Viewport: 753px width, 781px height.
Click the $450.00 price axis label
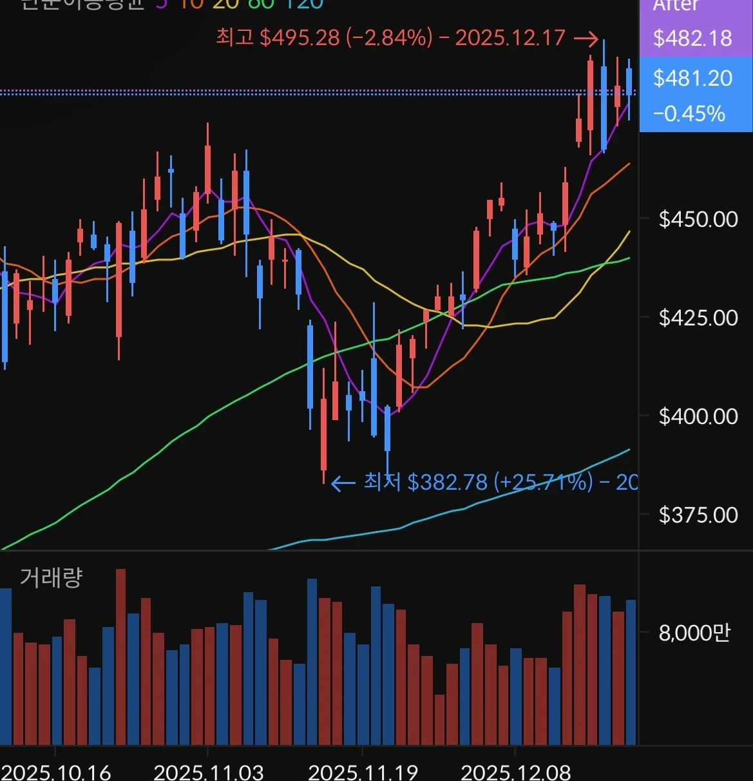coord(698,219)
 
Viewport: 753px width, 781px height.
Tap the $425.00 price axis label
coord(698,318)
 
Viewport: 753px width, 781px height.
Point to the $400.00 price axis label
coord(698,416)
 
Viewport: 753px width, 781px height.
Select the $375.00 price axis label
coord(698,515)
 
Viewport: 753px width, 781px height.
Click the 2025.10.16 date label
coord(56,771)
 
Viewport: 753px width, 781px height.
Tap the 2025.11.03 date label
coord(209,771)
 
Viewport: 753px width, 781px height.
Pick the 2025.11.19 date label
coord(363,771)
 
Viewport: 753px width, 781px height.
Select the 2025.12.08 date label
coord(516,771)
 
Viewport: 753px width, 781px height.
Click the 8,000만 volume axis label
coord(694,633)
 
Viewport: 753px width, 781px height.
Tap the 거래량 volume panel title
coord(51,577)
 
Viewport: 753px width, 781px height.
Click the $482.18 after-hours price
coord(692,38)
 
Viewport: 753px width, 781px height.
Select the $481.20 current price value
coord(692,79)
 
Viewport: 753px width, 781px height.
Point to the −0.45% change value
coord(689,114)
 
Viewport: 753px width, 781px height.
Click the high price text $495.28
coord(300,37)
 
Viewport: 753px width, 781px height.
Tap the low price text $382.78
coord(447,481)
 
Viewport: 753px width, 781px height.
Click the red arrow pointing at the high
coord(586,39)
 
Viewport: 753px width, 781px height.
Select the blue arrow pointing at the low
coord(343,483)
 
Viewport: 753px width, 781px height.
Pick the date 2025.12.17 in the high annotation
coord(510,37)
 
